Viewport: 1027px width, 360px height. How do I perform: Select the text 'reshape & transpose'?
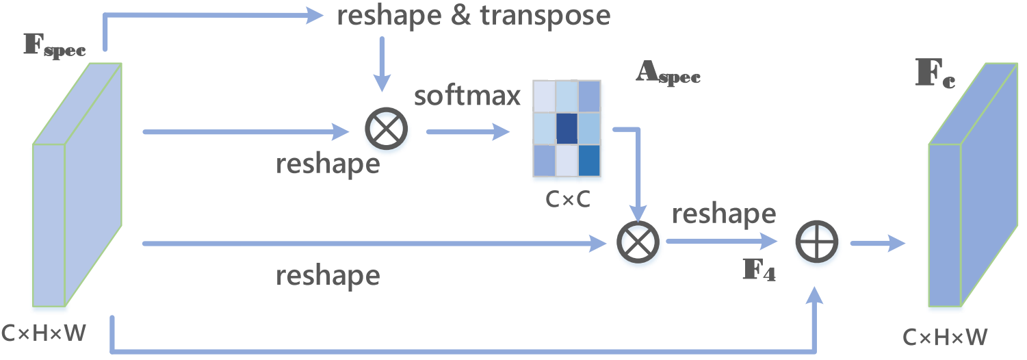[x=473, y=16]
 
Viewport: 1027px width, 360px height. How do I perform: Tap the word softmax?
[x=467, y=97]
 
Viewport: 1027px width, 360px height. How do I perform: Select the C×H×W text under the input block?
[x=44, y=333]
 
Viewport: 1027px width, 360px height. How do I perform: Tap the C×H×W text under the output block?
[x=946, y=337]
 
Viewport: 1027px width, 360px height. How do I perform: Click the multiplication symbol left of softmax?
[x=387, y=128]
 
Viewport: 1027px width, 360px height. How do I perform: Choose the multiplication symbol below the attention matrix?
[x=637, y=242]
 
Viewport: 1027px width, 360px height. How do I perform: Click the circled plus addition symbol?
[x=816, y=242]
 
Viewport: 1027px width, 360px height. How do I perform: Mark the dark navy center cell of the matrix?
[x=567, y=129]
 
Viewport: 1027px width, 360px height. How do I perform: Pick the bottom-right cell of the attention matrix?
[x=588, y=160]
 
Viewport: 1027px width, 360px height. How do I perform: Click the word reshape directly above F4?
[x=723, y=214]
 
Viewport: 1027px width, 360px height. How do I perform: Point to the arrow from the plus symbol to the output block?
[x=876, y=242]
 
